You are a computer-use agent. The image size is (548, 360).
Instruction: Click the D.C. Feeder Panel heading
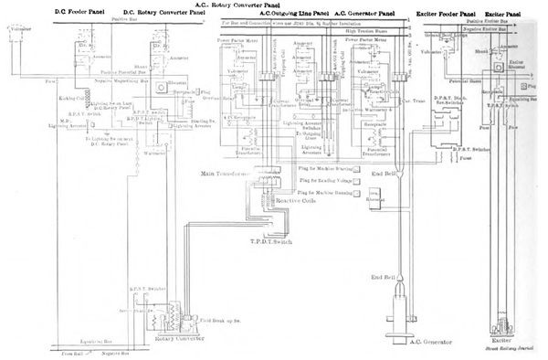coord(37,10)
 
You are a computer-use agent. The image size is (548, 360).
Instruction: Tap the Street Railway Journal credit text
coord(505,348)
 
